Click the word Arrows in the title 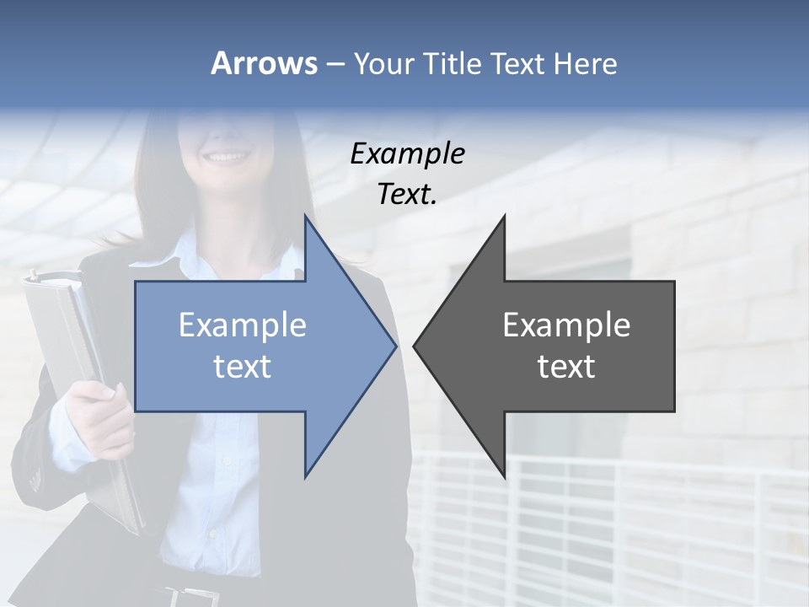point(264,63)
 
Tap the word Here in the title point(585,63)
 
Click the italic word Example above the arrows point(407,153)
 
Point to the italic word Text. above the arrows point(407,194)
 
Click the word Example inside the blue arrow point(243,325)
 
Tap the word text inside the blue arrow point(243,367)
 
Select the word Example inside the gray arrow point(566,325)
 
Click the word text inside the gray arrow point(566,367)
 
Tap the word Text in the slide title point(517,63)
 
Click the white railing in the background point(640,514)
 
